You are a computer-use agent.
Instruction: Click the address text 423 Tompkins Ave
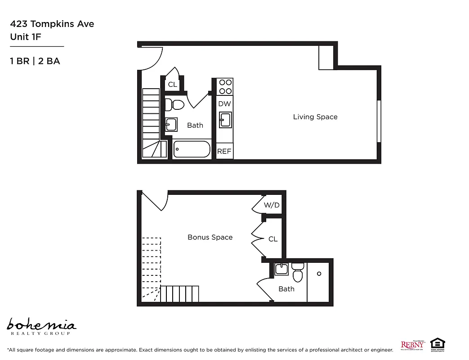(x=52, y=24)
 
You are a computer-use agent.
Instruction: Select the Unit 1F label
(x=26, y=37)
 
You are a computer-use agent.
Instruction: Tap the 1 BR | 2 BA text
(x=35, y=61)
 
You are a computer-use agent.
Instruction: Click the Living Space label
(x=315, y=117)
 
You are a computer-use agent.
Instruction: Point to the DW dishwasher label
(x=224, y=104)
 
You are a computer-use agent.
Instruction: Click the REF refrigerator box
(x=224, y=151)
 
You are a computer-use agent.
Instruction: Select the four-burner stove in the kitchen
(x=225, y=86)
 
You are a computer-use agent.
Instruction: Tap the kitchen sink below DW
(x=225, y=120)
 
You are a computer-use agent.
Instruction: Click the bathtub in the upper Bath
(x=192, y=149)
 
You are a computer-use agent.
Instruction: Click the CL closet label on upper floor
(x=173, y=84)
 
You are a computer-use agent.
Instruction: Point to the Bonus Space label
(x=210, y=237)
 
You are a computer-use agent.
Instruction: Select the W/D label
(x=272, y=205)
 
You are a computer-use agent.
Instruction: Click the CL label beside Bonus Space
(x=273, y=239)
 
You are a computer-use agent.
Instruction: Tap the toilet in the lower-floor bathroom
(x=298, y=272)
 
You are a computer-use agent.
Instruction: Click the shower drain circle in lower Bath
(x=319, y=274)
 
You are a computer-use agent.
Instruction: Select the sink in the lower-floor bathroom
(x=281, y=269)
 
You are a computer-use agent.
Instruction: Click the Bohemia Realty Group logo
(x=41, y=326)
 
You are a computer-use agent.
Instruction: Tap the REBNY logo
(x=412, y=345)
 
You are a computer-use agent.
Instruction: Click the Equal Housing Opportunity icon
(x=438, y=345)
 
